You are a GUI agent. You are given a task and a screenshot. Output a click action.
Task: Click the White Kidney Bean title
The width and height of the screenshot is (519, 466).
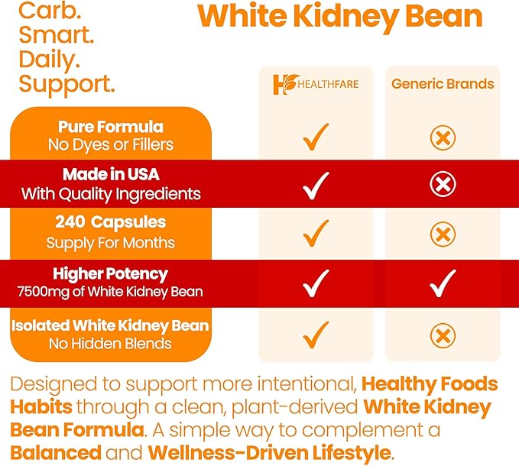tap(340, 17)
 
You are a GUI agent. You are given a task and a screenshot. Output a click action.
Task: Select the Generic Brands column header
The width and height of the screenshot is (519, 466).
tap(443, 84)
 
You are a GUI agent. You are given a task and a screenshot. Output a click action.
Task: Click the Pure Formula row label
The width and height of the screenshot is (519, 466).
tap(111, 127)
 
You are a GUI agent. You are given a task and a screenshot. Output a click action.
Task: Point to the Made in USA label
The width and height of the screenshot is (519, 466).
tap(111, 174)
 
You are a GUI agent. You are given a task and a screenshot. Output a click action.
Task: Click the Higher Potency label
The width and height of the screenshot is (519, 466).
tap(111, 273)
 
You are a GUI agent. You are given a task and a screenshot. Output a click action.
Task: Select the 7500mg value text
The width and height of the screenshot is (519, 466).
tap(80, 291)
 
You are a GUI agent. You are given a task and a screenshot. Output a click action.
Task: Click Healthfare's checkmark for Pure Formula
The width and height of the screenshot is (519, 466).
tap(316, 138)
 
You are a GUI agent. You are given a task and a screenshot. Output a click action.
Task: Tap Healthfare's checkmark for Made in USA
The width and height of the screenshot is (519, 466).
tap(316, 184)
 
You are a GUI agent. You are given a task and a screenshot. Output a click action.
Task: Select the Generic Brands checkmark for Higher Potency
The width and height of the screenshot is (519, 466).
tap(443, 283)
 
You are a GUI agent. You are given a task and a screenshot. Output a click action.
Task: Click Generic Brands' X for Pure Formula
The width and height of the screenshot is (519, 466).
tap(443, 138)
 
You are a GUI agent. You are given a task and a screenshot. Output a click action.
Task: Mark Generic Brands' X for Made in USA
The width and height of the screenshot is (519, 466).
tap(443, 184)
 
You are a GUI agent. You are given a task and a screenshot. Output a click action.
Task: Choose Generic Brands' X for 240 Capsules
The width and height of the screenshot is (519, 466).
tap(443, 235)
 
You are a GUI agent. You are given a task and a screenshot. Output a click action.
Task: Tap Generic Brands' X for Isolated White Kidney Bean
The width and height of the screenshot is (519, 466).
tap(443, 335)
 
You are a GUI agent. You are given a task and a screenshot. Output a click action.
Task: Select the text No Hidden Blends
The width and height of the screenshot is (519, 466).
tap(111, 343)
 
